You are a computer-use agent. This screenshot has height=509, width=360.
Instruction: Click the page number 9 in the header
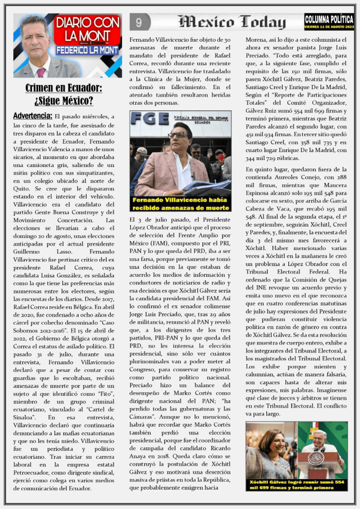139,22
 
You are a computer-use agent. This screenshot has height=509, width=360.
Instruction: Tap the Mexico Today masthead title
232,22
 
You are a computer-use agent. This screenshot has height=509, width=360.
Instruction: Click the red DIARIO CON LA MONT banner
87,29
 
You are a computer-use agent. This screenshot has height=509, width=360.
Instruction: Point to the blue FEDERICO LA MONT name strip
88,50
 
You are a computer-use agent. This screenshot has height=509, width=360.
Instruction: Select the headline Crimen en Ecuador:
64,88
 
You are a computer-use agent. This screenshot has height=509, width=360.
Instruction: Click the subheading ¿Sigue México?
64,101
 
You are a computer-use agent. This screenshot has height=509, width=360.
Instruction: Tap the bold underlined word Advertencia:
32,116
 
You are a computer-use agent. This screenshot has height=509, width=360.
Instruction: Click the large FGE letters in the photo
149,119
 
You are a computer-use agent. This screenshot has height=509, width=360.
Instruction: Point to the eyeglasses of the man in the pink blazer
178,135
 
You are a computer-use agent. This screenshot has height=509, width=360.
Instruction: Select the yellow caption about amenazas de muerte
180,203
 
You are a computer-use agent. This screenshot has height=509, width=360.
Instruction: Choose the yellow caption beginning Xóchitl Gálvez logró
296,485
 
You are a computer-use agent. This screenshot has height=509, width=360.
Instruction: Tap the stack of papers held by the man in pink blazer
206,187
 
